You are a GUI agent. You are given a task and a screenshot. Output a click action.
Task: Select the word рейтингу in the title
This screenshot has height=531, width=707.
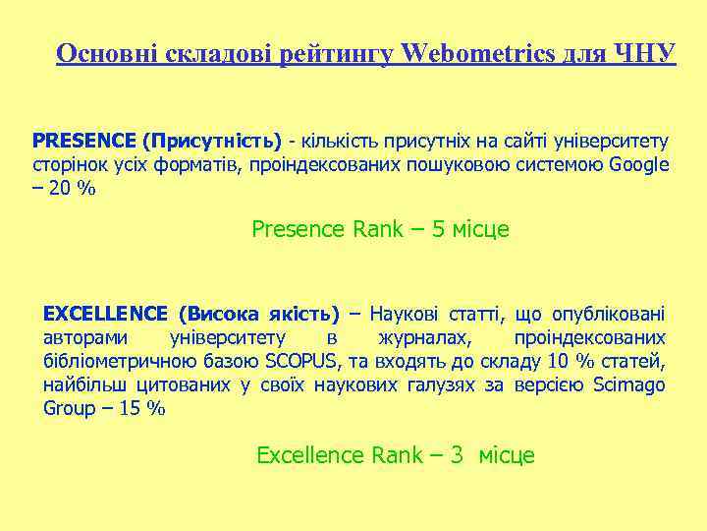coord(334,53)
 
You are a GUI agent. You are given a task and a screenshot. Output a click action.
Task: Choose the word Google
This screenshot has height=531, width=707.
coord(638,164)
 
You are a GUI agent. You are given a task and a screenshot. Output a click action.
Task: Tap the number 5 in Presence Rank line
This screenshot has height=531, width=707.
coord(439,230)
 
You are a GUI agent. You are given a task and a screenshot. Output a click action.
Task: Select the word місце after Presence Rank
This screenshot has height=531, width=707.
coord(481,230)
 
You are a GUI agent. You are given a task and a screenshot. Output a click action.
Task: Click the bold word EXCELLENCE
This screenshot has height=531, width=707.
coord(106,315)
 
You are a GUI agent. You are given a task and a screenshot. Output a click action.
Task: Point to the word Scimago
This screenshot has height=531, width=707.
coord(629,384)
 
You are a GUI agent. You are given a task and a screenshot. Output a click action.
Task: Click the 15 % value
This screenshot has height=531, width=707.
coord(140,408)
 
